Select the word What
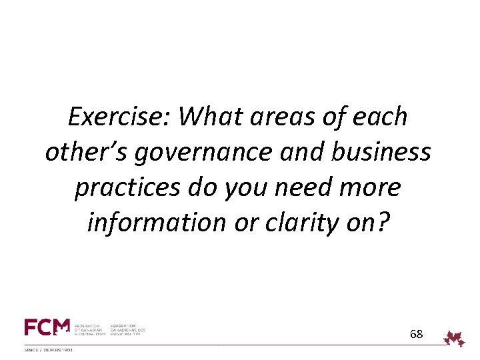click(x=209, y=117)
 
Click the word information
click(x=148, y=223)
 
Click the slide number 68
click(x=416, y=333)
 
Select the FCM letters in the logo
click(x=47, y=328)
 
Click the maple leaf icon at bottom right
click(x=455, y=337)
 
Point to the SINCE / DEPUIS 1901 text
click(x=49, y=350)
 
